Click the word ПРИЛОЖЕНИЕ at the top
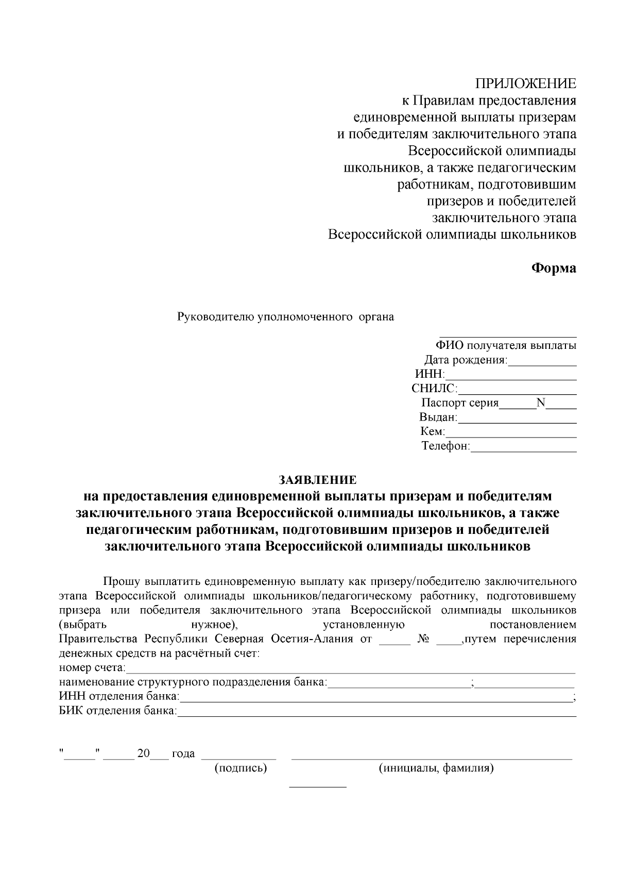[525, 84]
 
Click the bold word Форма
[553, 268]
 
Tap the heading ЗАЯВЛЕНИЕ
[317, 480]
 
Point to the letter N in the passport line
[540, 403]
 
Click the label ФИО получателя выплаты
[506, 346]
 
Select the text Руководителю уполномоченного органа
[285, 317]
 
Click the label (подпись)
[241, 768]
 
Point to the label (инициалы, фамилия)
[436, 768]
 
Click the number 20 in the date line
[143, 753]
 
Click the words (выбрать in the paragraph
[83, 625]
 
